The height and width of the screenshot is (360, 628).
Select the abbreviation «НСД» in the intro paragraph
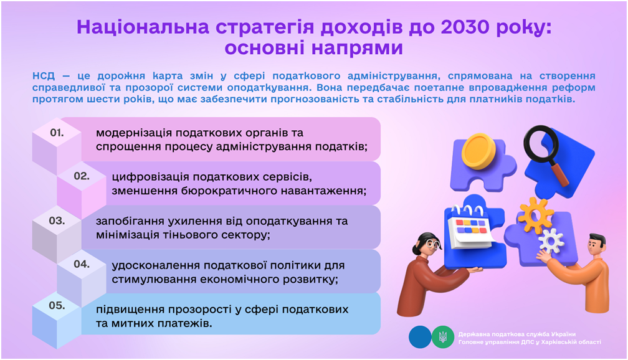pyautogui.click(x=44, y=76)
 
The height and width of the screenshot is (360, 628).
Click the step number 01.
pyautogui.click(x=57, y=133)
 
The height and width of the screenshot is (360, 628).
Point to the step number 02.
pyautogui.click(x=82, y=176)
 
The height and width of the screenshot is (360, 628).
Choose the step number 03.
pyautogui.click(x=57, y=220)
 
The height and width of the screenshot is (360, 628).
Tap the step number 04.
pyautogui.click(x=82, y=264)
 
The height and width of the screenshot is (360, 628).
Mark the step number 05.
pyautogui.click(x=57, y=306)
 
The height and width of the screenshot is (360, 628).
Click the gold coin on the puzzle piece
pyautogui.click(x=478, y=151)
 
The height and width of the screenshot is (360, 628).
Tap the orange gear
pyautogui.click(x=536, y=215)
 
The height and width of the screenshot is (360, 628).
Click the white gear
pyautogui.click(x=551, y=241)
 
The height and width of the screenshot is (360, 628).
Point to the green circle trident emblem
pyautogui.click(x=443, y=337)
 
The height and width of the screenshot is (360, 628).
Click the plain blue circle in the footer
pyautogui.click(x=420, y=337)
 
